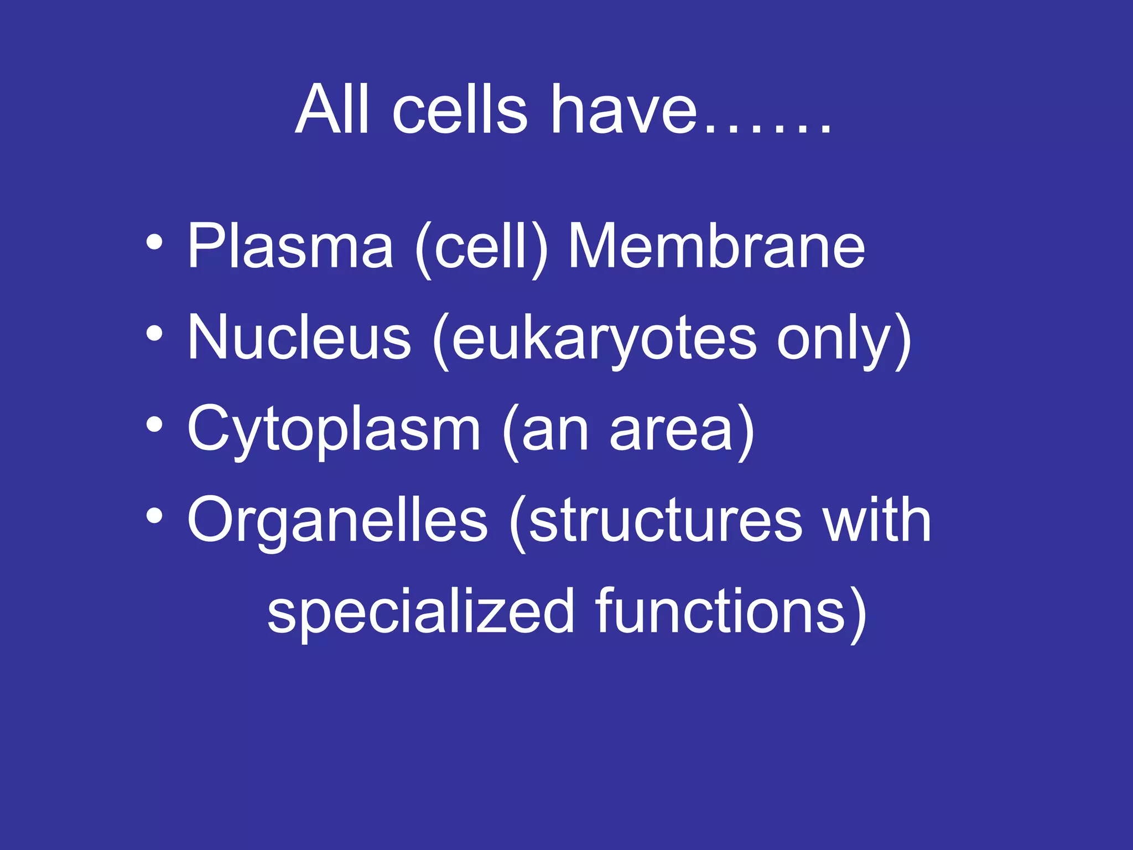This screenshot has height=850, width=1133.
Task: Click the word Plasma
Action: tap(290, 246)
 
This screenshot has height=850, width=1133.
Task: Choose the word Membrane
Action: tap(716, 246)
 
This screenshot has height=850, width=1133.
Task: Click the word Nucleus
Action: tap(299, 337)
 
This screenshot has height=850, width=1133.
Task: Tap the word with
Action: tap(877, 520)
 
